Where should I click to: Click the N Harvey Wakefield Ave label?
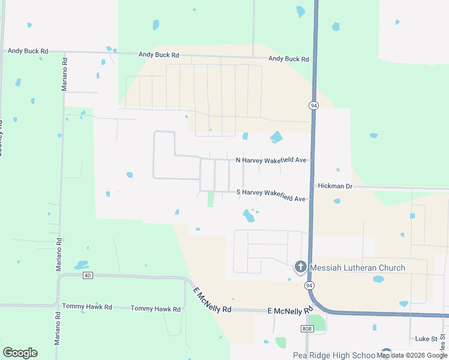271,160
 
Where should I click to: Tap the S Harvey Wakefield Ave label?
271,196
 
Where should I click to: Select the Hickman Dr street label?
335,187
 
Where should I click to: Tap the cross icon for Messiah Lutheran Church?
300,267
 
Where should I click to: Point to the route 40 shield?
88,275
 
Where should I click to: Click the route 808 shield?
307,329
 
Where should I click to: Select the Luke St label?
427,339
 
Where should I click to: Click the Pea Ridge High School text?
334,355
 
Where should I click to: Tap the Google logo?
20,352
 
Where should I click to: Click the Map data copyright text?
411,355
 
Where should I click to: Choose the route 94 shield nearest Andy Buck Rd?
313,105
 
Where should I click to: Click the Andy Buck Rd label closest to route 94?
289,59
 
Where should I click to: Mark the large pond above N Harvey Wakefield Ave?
276,137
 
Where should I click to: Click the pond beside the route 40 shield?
81,265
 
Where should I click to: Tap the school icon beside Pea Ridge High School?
386,355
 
